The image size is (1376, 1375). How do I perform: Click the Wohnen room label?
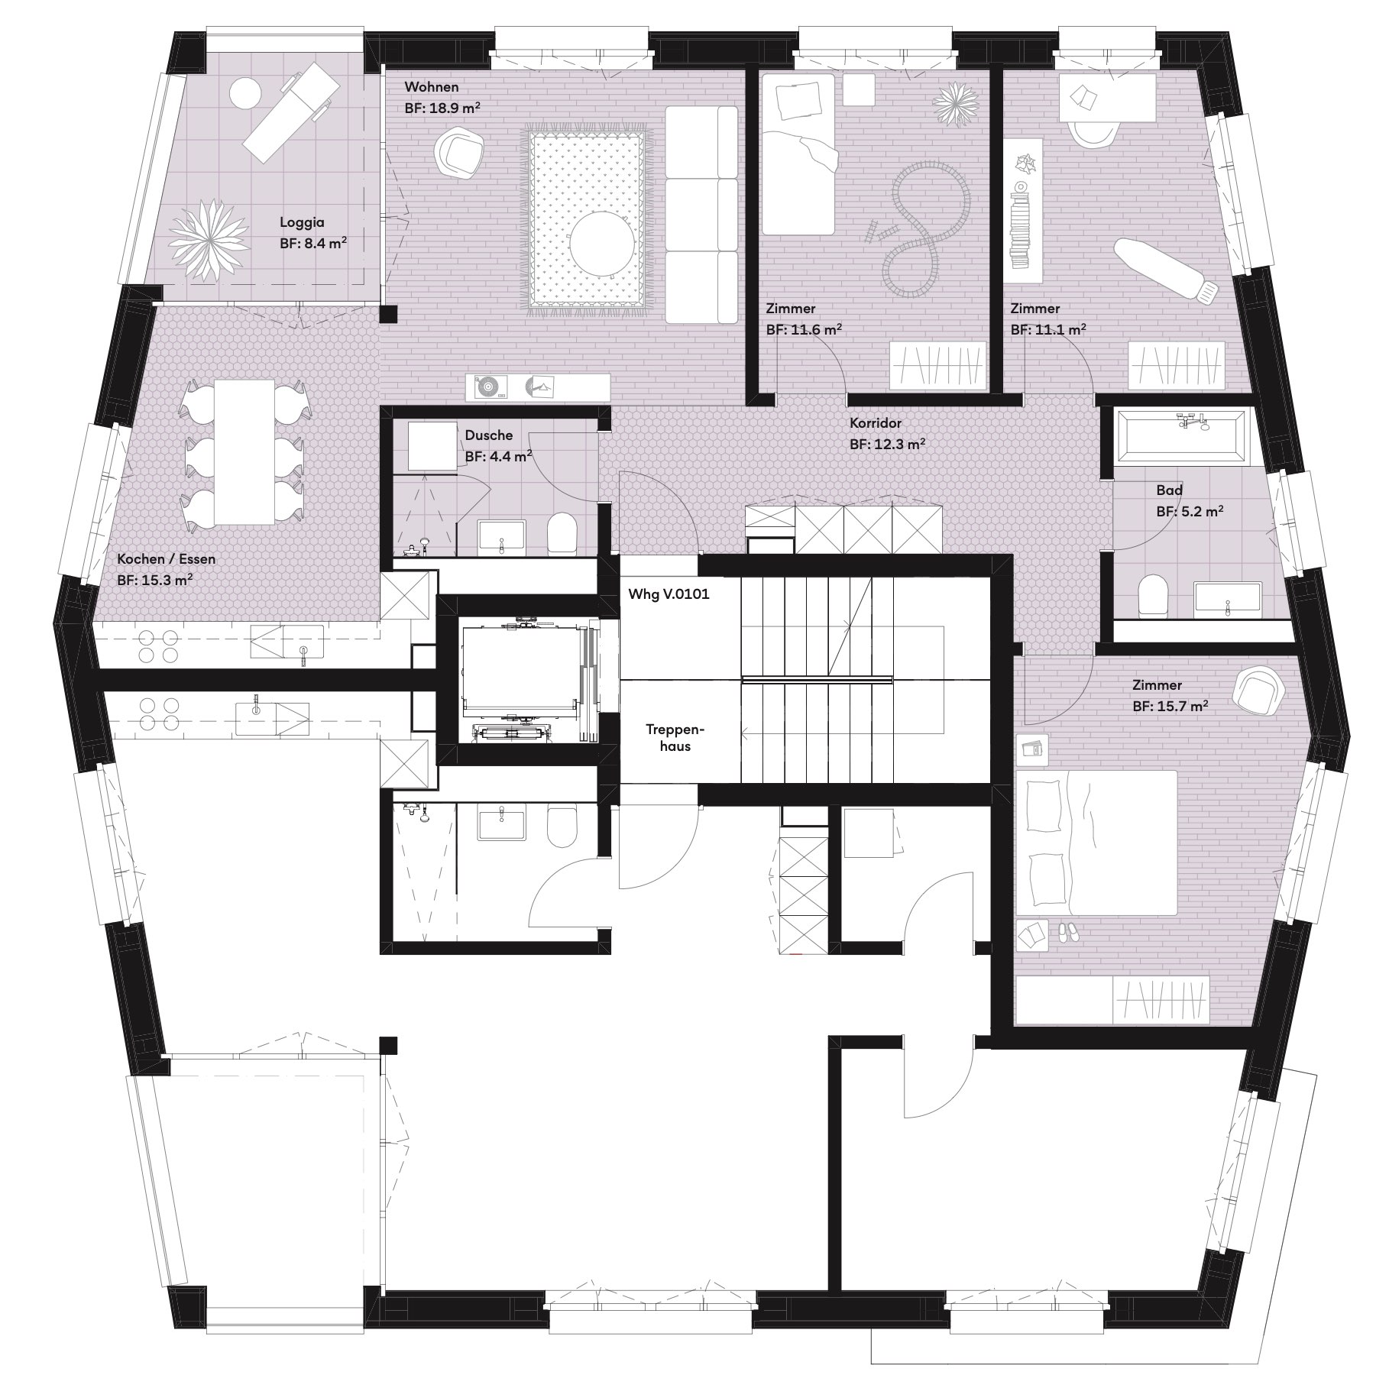[x=432, y=86]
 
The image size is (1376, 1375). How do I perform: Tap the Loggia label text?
[x=302, y=222]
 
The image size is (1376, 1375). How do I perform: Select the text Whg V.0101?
[x=669, y=594]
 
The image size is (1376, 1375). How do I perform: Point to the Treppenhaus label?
[x=675, y=738]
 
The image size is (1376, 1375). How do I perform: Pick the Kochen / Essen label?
[x=167, y=558]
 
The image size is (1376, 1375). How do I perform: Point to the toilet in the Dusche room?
[x=562, y=532]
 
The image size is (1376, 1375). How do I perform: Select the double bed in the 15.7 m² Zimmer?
[x=1096, y=842]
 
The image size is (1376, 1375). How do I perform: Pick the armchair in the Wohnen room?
[x=459, y=153]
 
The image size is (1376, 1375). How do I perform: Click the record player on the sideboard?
[x=487, y=387]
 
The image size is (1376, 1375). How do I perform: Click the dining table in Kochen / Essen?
[x=244, y=452]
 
